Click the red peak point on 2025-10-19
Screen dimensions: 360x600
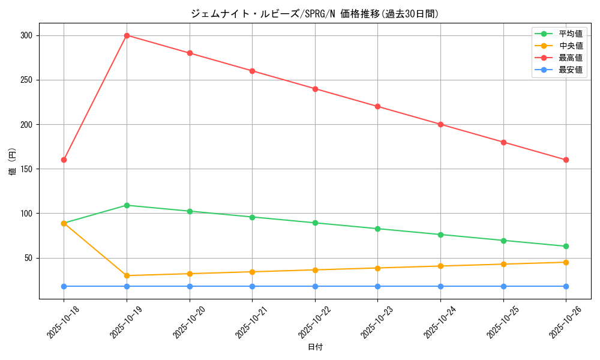click(127, 35)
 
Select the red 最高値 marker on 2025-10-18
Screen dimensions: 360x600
click(64, 160)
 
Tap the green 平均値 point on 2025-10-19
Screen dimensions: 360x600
click(127, 205)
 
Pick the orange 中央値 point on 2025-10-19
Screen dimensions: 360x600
click(127, 275)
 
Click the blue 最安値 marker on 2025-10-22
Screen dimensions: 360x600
click(315, 286)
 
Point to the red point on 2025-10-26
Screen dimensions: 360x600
click(566, 160)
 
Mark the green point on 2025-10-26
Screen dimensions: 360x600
click(566, 246)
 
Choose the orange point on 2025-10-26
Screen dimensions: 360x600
click(566, 262)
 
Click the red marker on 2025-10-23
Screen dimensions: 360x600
click(377, 106)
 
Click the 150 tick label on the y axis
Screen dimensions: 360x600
click(27, 169)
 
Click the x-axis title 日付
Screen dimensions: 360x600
click(315, 347)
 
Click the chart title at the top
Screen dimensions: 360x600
click(315, 14)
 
